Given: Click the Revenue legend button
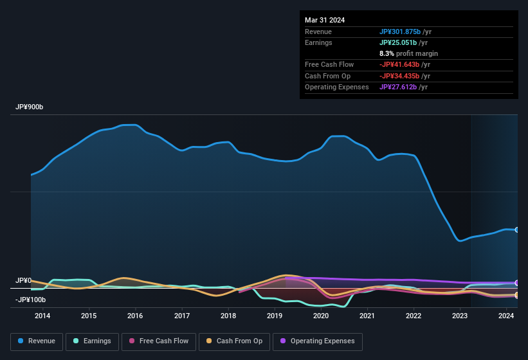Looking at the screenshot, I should pyautogui.click(x=37, y=341).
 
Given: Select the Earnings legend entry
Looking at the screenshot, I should pyautogui.click(x=92, y=341).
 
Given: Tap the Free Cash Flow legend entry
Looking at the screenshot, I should pyautogui.click(x=159, y=341).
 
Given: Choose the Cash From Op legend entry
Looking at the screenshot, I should pyautogui.click(x=234, y=341).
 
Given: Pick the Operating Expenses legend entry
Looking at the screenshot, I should pyautogui.click(x=318, y=341).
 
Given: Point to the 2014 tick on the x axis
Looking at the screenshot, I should pyautogui.click(x=42, y=316).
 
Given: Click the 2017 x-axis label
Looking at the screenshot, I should pyautogui.click(x=182, y=316).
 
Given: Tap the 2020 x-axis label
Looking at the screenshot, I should pyautogui.click(x=321, y=316).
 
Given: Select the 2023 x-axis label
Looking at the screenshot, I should pyautogui.click(x=460, y=316).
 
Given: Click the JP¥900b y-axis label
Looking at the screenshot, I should pyautogui.click(x=30, y=107).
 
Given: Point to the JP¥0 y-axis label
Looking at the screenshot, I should pyautogui.click(x=24, y=281).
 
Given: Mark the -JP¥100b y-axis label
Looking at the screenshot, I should pyautogui.click(x=31, y=300).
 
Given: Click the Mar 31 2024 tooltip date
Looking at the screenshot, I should pyautogui.click(x=325, y=20).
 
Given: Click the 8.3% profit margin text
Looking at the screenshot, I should pyautogui.click(x=408, y=53).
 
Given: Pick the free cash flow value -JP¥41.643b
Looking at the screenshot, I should pyautogui.click(x=405, y=64).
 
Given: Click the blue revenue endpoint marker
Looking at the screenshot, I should pyautogui.click(x=516, y=230).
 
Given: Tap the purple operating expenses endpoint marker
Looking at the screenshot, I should pyautogui.click(x=516, y=283).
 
